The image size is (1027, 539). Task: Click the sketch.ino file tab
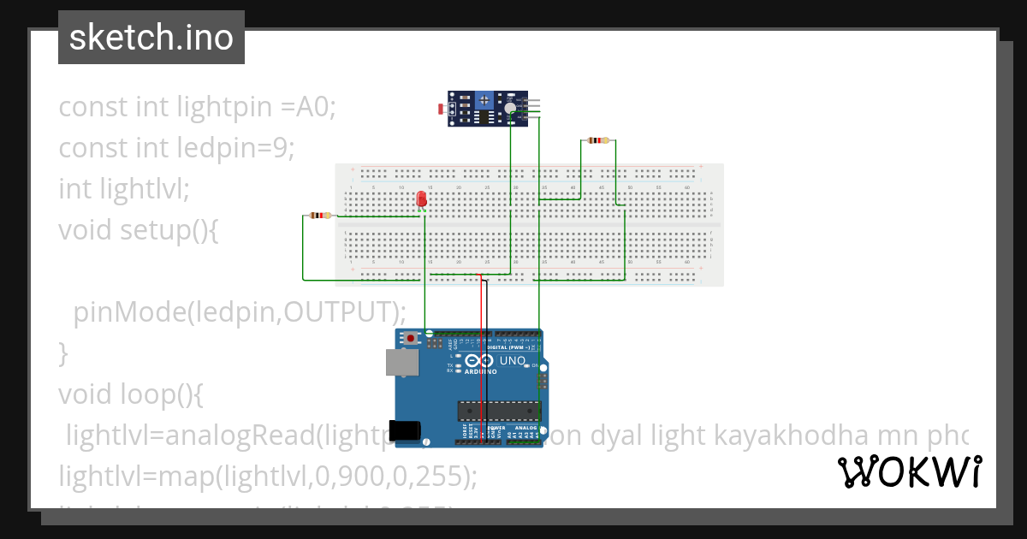(151, 38)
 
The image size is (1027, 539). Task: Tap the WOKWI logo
(909, 472)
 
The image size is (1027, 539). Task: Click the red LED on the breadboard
(421, 199)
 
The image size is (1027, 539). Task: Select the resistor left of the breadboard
(320, 216)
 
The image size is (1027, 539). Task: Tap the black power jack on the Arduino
(407, 430)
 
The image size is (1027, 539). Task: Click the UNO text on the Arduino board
(512, 361)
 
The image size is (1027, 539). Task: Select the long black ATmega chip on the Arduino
(499, 411)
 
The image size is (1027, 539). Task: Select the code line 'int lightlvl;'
(123, 188)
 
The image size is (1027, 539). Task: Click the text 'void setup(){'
(139, 229)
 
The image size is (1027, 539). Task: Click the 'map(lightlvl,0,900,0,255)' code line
(267, 476)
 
